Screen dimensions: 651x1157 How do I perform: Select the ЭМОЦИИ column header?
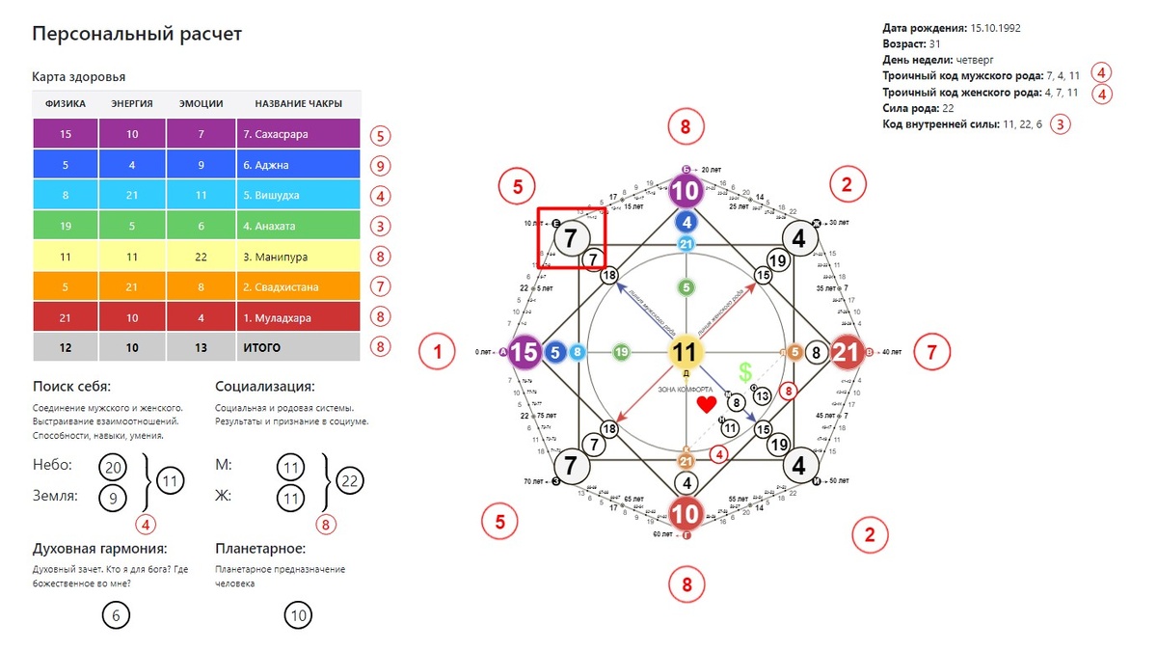coord(202,104)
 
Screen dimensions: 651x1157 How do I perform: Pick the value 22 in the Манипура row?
coord(202,257)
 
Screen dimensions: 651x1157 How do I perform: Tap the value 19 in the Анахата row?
coord(67,226)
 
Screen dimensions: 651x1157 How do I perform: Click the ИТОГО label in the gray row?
coord(262,346)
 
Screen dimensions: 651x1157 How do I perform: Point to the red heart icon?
coord(707,404)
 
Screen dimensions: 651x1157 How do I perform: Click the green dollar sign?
coord(744,372)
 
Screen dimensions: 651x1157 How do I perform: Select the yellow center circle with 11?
coord(685,352)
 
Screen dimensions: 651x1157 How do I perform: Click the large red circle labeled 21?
coord(846,352)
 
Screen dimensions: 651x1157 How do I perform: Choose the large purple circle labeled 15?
coord(525,352)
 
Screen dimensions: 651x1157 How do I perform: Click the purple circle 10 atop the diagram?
coord(685,192)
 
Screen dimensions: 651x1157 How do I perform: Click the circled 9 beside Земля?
coord(113,498)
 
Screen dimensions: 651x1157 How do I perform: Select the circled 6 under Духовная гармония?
coord(116,615)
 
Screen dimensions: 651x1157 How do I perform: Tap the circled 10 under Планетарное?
coord(299,615)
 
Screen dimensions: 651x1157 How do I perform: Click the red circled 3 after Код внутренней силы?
coord(1061,124)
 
